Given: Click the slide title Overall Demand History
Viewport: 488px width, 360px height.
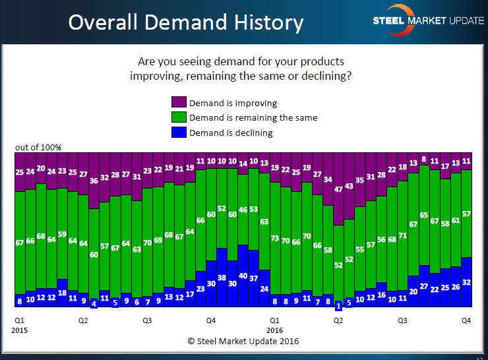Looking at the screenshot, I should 186,23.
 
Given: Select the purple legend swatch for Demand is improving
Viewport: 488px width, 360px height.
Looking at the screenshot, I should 179,103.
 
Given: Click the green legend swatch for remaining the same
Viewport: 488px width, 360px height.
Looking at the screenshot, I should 179,117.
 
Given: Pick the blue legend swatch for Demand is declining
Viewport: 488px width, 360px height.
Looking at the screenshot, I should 179,133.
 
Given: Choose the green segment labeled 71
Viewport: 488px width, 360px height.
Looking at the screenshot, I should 403,234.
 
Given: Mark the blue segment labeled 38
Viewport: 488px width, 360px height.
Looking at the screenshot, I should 222,278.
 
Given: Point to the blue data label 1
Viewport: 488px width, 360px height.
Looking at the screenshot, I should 339,305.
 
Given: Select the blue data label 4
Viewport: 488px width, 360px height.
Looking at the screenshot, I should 94,304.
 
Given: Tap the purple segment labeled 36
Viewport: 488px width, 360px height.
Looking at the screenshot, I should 94,181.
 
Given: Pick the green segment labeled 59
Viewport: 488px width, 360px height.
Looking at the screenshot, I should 63,234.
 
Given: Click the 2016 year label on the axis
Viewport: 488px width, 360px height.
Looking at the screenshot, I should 275,329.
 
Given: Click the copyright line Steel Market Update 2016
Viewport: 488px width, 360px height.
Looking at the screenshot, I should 243,342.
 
